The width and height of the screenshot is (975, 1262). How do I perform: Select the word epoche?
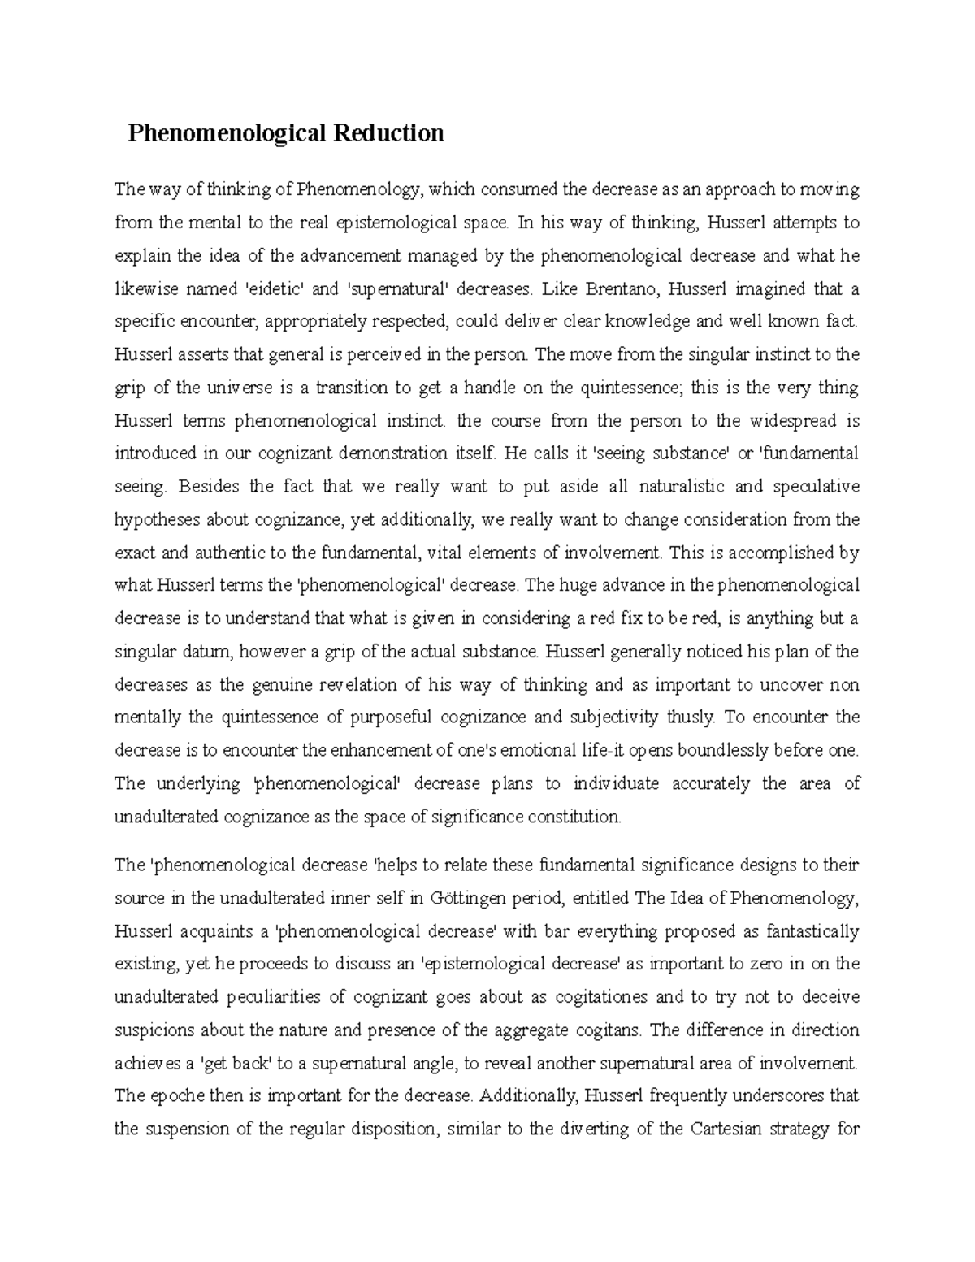pos(179,1095)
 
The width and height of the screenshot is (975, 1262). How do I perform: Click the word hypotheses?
pos(158,520)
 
